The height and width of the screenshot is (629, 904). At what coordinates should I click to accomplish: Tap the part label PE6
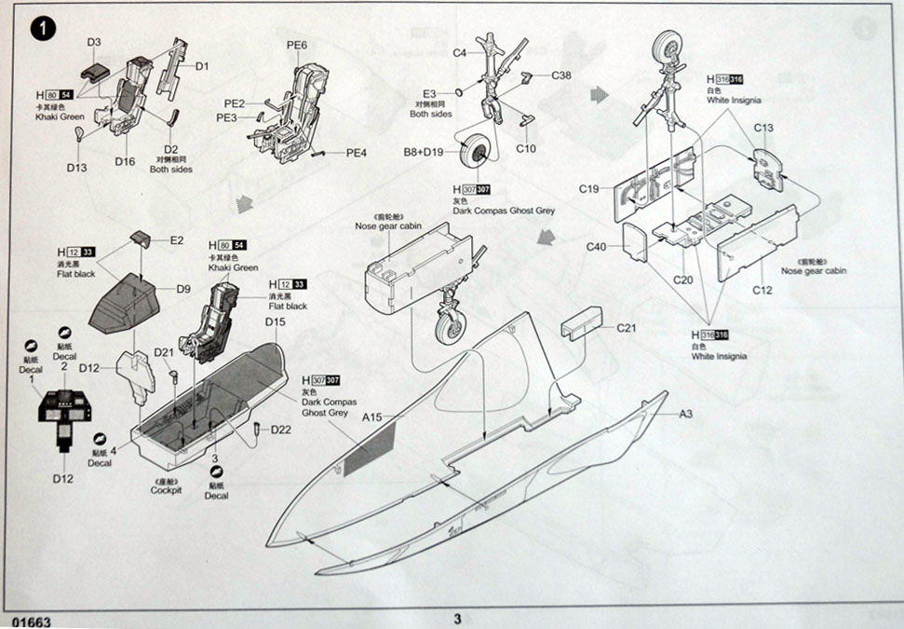pyautogui.click(x=297, y=45)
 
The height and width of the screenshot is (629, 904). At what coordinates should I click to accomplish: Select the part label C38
pyautogui.click(x=561, y=75)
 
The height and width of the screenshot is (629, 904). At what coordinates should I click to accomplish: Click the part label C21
pyautogui.click(x=627, y=329)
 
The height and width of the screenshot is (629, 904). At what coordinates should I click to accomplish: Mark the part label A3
pyautogui.click(x=687, y=413)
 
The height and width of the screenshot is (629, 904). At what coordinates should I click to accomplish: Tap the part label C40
pyautogui.click(x=597, y=247)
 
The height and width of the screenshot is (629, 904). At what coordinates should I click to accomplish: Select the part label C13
pyautogui.click(x=763, y=128)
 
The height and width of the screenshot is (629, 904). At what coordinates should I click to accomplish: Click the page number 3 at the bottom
pyautogui.click(x=457, y=618)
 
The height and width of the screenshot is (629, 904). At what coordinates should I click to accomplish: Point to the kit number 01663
pyautogui.click(x=32, y=621)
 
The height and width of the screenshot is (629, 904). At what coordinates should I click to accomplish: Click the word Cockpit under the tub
pyautogui.click(x=165, y=489)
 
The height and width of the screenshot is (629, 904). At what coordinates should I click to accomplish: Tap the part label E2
pyautogui.click(x=177, y=240)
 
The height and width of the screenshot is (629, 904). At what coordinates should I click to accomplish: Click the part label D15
pyautogui.click(x=275, y=322)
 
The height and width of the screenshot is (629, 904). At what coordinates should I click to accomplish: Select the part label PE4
pyautogui.click(x=357, y=153)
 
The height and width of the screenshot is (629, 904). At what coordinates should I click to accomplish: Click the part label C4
pyautogui.click(x=460, y=53)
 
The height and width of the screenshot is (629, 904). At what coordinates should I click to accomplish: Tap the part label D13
pyautogui.click(x=76, y=167)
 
